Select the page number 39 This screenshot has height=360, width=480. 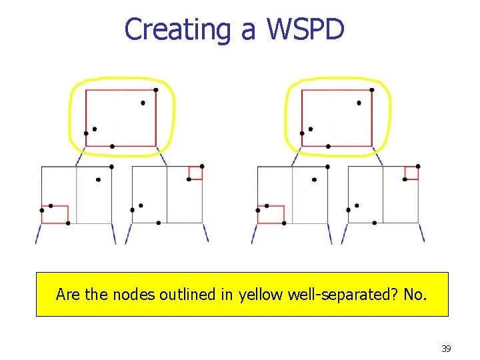446,349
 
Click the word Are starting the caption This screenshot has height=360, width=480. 68,294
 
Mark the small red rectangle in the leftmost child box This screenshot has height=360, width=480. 55,215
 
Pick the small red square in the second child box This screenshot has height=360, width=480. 195,173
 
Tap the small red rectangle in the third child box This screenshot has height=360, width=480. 271,215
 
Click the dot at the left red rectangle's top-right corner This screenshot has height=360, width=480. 156,90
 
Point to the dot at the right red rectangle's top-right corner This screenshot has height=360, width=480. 372,90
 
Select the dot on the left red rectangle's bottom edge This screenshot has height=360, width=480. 112,146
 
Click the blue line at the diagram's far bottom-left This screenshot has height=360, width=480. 38,233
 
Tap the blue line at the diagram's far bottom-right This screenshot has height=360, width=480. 421,233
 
